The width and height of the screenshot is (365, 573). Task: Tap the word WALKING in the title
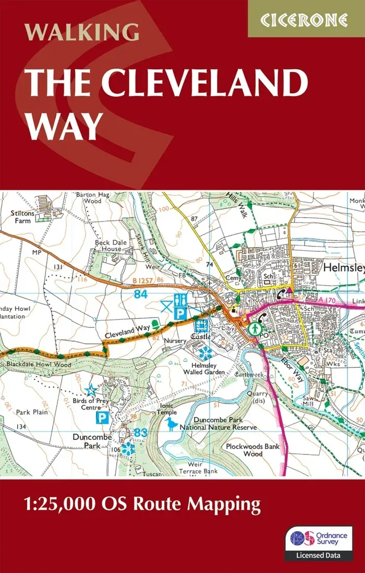click(82, 32)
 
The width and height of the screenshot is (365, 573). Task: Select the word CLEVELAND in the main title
click(207, 83)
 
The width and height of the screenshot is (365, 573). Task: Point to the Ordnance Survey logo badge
click(319, 543)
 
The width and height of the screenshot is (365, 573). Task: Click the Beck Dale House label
click(108, 246)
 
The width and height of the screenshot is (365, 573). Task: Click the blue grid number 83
click(139, 432)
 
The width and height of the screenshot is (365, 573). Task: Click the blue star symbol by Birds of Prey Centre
click(91, 390)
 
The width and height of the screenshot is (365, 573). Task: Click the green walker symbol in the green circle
click(255, 329)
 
